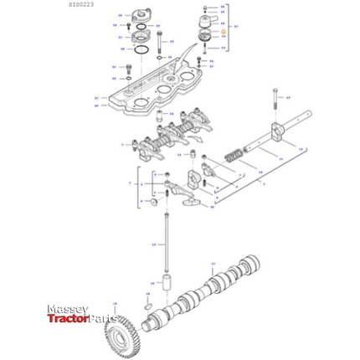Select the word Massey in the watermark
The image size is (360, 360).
(67, 309)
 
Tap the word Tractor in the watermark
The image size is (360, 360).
(65, 319)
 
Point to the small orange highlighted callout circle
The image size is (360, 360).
(224, 34)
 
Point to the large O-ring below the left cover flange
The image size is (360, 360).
(143, 54)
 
